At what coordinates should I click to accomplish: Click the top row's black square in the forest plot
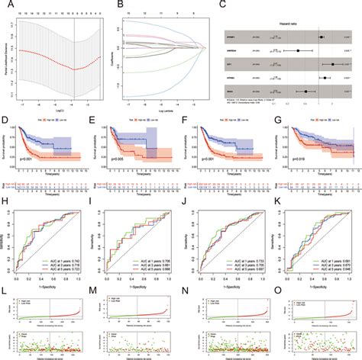(x=322, y=35)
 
